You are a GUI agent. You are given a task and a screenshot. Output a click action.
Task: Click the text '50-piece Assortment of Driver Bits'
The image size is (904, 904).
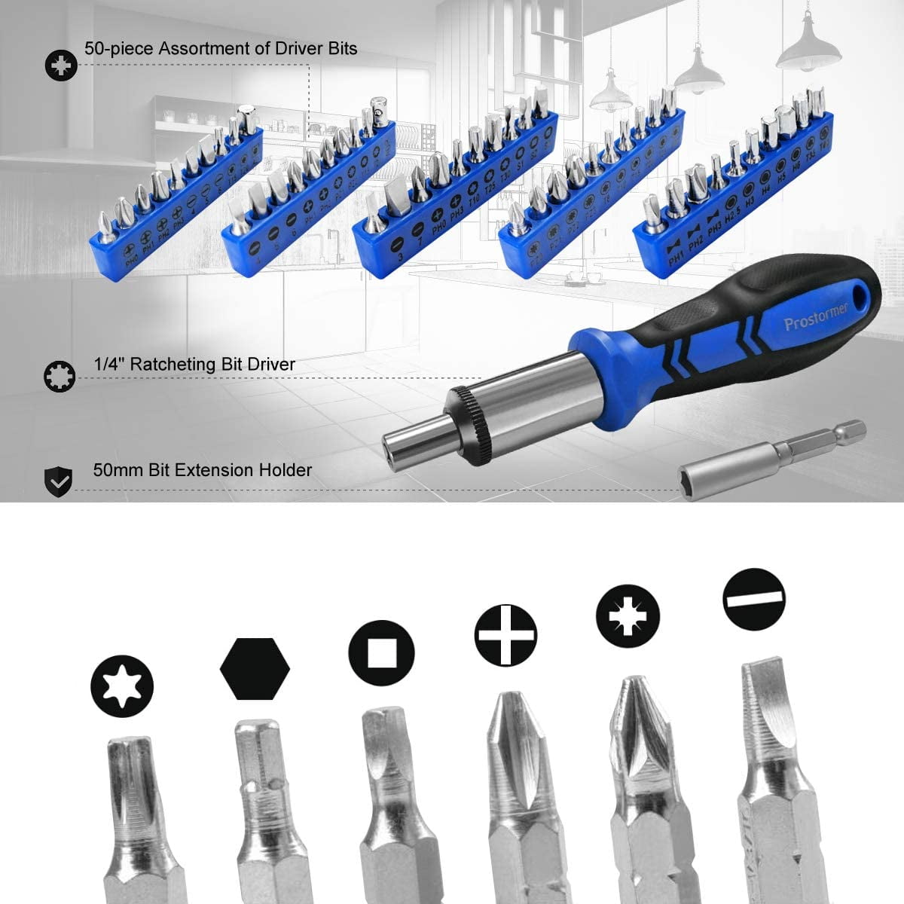(x=220, y=49)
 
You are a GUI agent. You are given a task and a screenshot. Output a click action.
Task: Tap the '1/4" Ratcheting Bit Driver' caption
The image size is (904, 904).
(x=194, y=365)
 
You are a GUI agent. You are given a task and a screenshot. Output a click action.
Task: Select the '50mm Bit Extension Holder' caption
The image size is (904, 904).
(x=202, y=470)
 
